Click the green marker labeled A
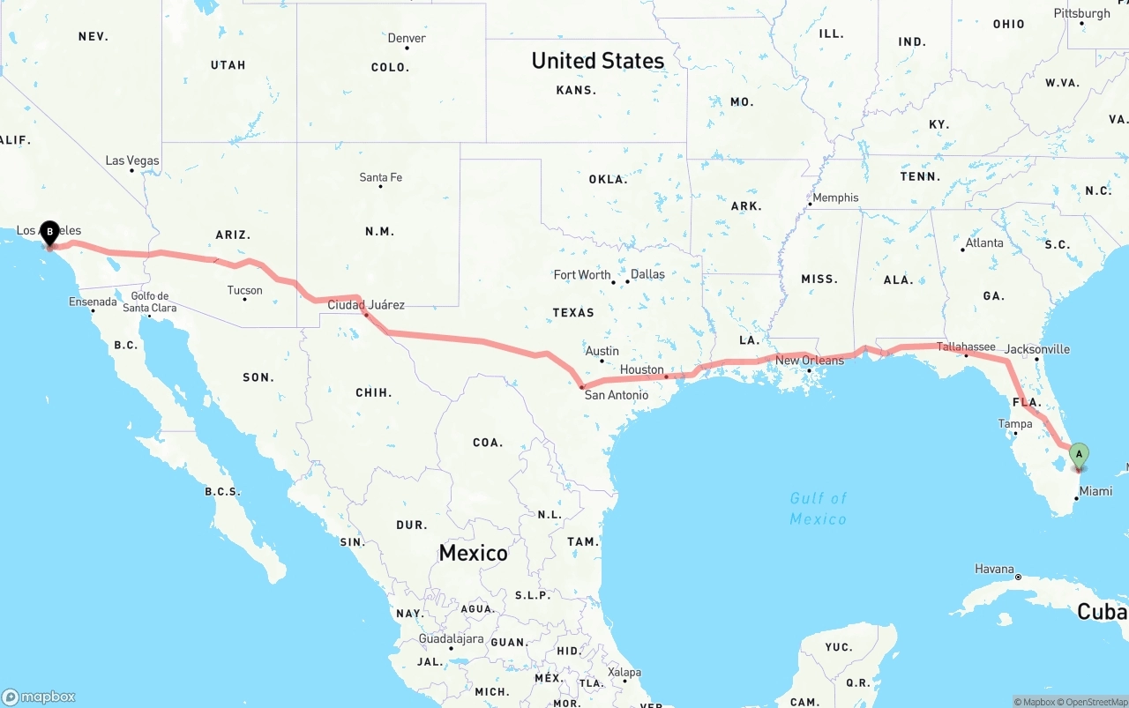point(1078,455)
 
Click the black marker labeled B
point(50,233)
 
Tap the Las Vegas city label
point(132,160)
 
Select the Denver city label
point(407,38)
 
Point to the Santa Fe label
point(380,177)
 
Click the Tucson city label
point(244,290)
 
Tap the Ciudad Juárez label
point(366,305)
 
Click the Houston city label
point(641,369)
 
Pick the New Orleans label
point(810,360)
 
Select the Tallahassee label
point(966,347)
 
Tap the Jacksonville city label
point(1036,349)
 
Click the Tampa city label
point(1014,424)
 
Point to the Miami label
point(1095,491)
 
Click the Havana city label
point(994,569)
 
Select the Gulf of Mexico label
point(818,509)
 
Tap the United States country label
point(597,61)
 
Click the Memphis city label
point(834,197)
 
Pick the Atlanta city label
point(983,242)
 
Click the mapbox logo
point(39,697)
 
